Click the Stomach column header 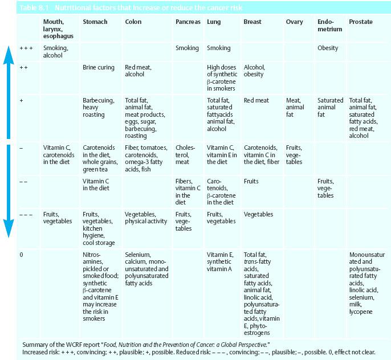(95, 22)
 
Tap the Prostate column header (361, 22)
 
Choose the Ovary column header (294, 22)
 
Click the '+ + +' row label (26, 48)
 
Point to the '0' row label (21, 255)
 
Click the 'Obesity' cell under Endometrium (328, 48)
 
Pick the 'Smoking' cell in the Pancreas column (187, 48)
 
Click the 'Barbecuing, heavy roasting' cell (94, 108)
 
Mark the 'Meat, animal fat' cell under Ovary (295, 108)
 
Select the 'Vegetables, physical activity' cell (146, 218)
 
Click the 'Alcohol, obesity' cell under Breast (254, 71)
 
